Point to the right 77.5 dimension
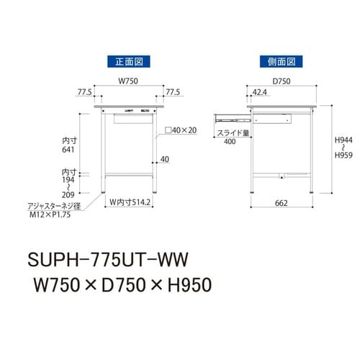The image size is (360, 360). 173,93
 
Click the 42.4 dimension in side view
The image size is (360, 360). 261,93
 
